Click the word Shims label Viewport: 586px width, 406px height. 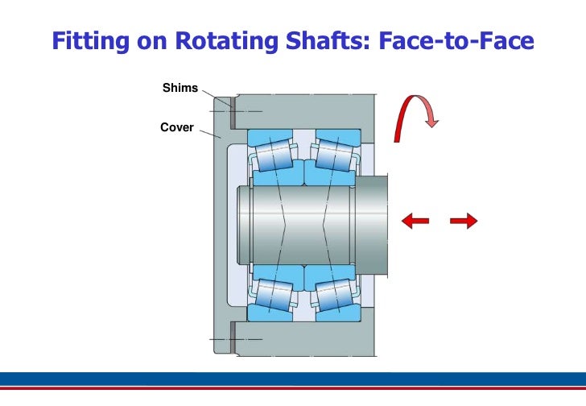(180, 88)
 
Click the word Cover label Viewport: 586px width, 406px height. (177, 127)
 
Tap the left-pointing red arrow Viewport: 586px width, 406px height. (415, 220)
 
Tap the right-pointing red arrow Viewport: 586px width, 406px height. (464, 220)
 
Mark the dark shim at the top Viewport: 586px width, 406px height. (230, 111)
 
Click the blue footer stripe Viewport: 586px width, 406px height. (293, 379)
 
